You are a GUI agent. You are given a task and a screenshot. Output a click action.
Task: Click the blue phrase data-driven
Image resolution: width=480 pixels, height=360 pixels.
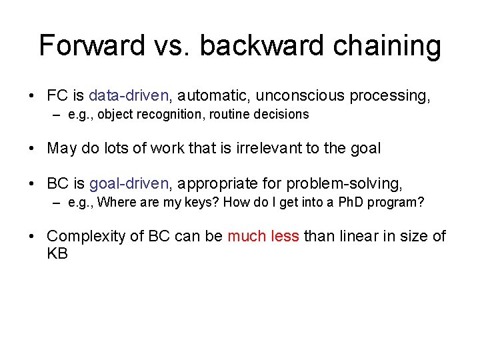tap(129, 96)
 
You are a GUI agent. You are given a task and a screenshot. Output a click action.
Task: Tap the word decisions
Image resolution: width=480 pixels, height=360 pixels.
tap(279, 114)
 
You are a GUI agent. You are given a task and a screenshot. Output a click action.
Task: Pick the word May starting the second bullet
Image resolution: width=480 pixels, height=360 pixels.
tap(61, 148)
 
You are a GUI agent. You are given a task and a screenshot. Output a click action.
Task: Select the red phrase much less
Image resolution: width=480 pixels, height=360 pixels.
tap(263, 236)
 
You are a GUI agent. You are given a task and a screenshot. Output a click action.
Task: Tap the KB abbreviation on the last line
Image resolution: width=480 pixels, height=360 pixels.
tap(57, 253)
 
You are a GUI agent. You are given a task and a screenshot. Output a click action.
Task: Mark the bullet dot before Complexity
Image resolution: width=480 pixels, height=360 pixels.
tap(33, 237)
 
